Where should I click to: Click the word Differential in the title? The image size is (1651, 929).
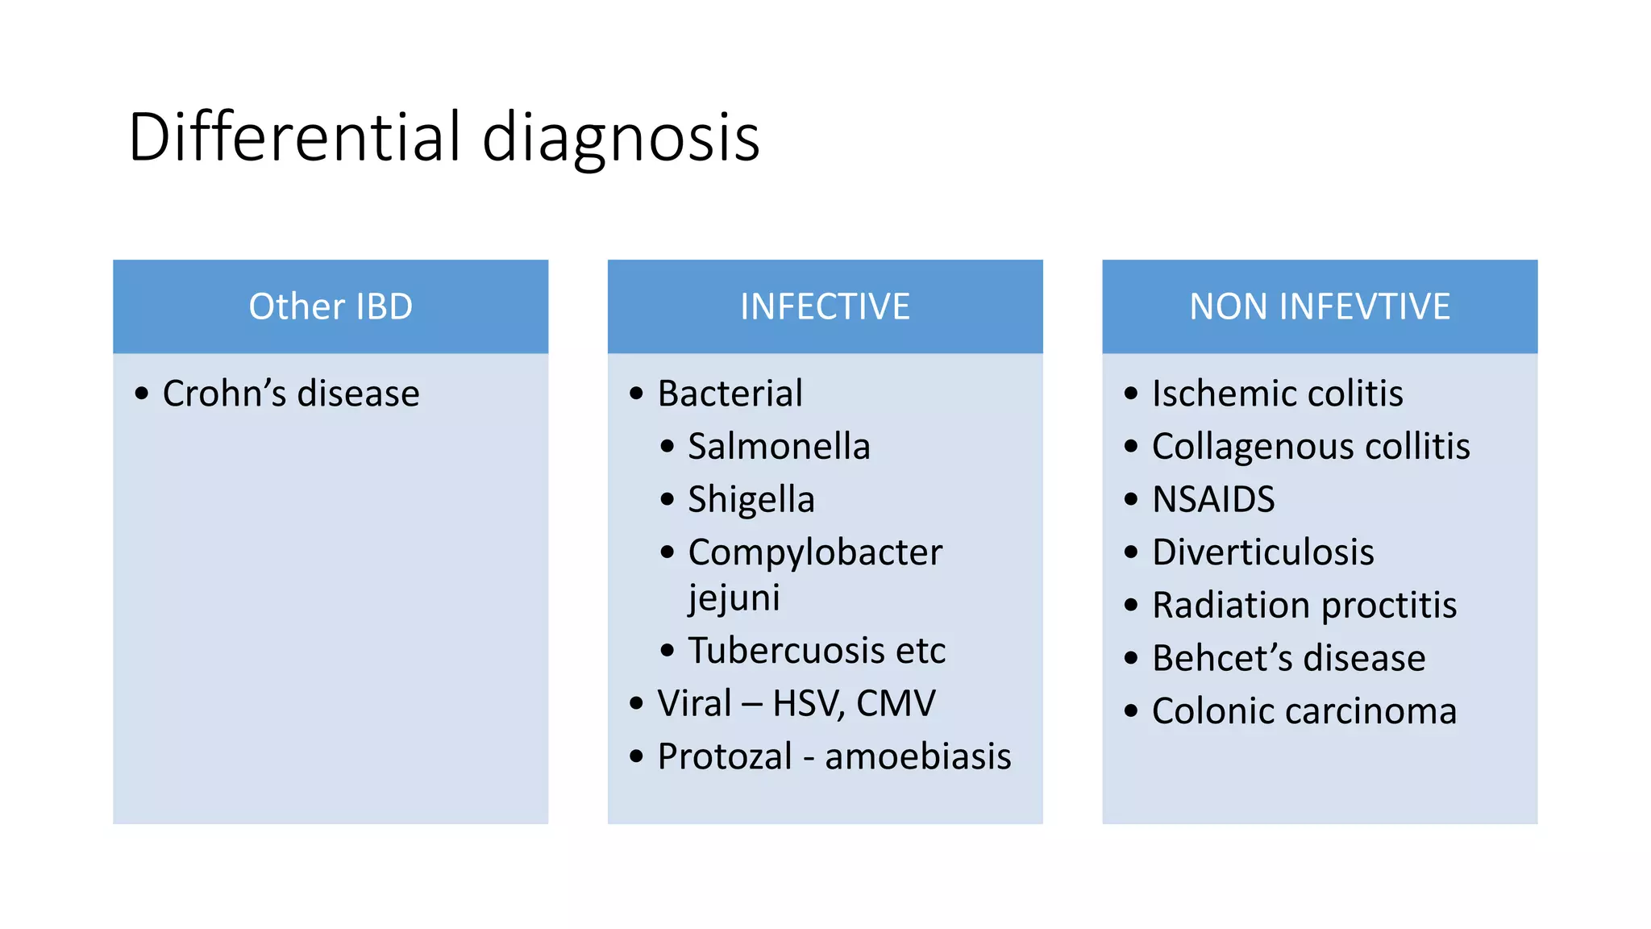coord(295,137)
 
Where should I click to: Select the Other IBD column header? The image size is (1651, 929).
coord(331,306)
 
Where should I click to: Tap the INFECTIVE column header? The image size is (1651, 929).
coord(825,306)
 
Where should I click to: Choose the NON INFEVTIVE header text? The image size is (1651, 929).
coord(1320,306)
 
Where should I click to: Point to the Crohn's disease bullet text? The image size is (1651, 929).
coord(291,394)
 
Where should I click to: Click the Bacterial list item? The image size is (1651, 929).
coord(730,394)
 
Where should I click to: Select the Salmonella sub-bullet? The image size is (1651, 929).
coord(779,446)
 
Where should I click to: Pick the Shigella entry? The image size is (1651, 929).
coord(751,499)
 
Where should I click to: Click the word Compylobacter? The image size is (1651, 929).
coord(815,552)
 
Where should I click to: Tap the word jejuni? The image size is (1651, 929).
coord(734,598)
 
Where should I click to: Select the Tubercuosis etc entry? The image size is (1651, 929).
coord(817,650)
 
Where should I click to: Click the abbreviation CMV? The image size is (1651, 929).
coord(896,703)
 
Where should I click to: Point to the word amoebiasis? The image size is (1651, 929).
coord(917,756)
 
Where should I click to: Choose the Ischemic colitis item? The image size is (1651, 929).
coord(1277,394)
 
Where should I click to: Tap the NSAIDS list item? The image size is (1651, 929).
coord(1213,499)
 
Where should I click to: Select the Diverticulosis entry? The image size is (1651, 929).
coord(1262,552)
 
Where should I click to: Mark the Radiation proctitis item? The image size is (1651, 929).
coord(1304,605)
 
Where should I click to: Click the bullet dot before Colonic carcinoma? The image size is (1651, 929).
coord(1131,711)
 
